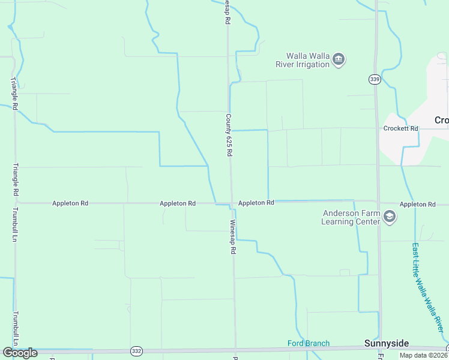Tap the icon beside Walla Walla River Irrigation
[339, 60]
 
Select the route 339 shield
[375, 79]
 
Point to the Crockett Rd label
[400, 128]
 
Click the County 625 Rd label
[229, 135]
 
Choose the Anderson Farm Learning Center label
[351, 217]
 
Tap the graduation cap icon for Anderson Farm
[390, 217]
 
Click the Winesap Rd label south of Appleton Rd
[232, 236]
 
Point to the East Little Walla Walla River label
[428, 288]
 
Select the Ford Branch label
[308, 343]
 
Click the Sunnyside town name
[387, 343]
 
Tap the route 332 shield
[136, 350]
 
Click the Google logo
[20, 353]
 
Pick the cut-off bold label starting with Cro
[441, 120]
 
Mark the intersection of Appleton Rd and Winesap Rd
[231, 203]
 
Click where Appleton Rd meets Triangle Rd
[16, 203]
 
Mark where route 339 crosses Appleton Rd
[378, 202]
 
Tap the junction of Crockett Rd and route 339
[378, 128]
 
